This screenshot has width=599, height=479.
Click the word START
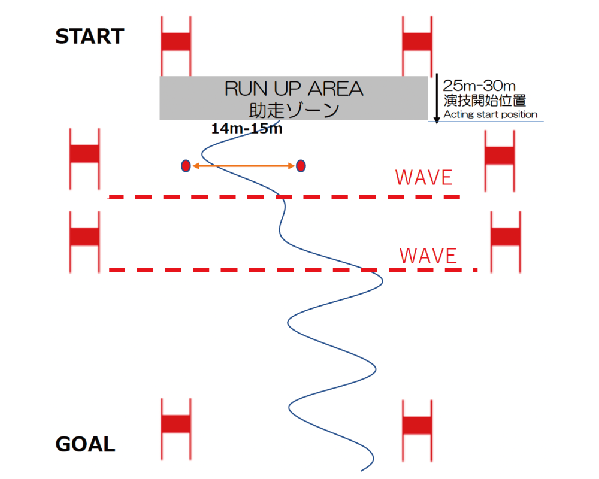89,37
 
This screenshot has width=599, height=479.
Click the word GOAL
85,445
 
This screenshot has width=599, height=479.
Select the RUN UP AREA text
294,89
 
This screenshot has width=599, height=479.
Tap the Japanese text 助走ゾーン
294,110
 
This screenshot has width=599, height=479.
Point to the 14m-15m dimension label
246,128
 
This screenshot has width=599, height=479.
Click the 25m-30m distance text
480,86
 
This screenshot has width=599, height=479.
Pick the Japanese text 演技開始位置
485,100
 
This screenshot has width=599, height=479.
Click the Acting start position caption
490,114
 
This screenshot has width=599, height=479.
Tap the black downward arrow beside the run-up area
437,99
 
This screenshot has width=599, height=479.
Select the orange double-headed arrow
243,166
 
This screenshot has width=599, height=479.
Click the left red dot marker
186,166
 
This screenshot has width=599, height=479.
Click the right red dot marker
301,165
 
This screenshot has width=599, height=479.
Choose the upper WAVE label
423,178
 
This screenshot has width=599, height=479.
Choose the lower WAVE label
428,256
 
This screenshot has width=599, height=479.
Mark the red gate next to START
176,41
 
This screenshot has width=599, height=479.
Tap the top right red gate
417,41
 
